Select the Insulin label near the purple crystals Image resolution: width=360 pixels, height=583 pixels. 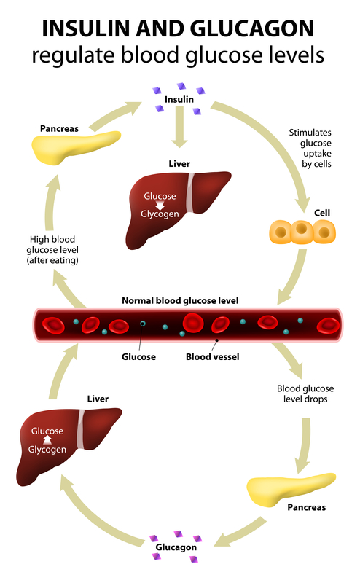[179, 99]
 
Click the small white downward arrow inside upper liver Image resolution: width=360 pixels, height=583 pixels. [159, 205]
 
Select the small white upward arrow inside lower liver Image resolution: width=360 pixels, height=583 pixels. [47, 440]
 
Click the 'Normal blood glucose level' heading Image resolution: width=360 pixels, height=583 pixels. [179, 300]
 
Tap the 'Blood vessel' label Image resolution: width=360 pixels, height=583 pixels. [213, 357]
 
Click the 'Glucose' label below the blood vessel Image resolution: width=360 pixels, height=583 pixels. [139, 357]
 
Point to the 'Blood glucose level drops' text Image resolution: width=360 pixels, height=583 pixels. [308, 394]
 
